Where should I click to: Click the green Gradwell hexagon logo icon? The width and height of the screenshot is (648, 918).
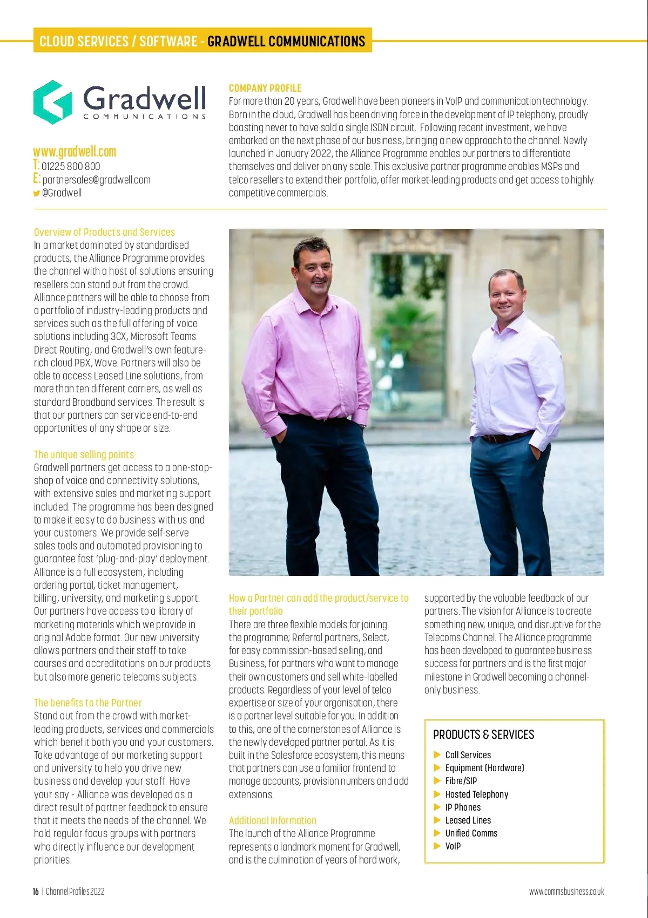click(53, 102)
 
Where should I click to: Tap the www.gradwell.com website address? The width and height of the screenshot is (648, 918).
click(75, 152)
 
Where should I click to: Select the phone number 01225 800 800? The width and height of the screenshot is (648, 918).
click(71, 167)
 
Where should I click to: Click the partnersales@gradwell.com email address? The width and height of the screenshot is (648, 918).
click(96, 180)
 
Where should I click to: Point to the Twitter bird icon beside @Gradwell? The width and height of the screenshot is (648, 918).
click(36, 193)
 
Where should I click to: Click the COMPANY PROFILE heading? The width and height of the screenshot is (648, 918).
click(265, 88)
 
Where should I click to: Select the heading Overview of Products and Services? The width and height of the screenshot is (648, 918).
click(104, 232)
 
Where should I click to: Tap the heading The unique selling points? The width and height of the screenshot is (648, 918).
click(84, 454)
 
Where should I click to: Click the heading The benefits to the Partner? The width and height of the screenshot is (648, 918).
click(87, 703)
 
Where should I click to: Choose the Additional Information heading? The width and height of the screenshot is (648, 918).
click(272, 820)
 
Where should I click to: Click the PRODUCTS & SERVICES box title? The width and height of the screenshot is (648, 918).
click(483, 735)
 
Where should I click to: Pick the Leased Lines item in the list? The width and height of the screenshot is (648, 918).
click(468, 820)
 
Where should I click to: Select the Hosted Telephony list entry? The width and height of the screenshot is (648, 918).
click(476, 794)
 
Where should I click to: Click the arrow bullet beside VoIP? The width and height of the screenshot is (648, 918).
click(437, 846)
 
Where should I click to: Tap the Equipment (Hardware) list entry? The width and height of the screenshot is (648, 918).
click(484, 768)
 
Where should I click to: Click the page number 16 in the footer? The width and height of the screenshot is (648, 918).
click(36, 892)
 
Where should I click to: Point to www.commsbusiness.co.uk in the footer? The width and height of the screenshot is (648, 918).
click(566, 892)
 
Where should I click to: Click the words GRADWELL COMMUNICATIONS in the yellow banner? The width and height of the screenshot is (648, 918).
click(286, 42)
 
